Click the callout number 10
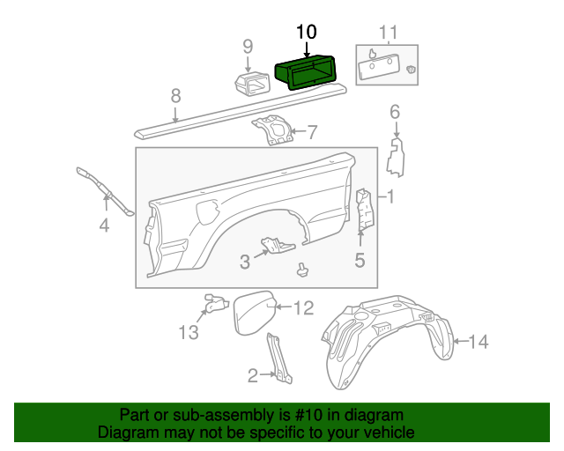(x=306, y=32)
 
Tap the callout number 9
(x=248, y=46)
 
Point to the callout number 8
(x=175, y=95)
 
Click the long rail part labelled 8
(x=238, y=105)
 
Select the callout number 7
(x=311, y=133)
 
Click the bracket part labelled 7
(x=274, y=130)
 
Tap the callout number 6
(x=395, y=112)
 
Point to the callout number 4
(x=104, y=225)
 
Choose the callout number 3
(x=244, y=262)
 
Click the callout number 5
(x=360, y=259)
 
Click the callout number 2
(x=253, y=376)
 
